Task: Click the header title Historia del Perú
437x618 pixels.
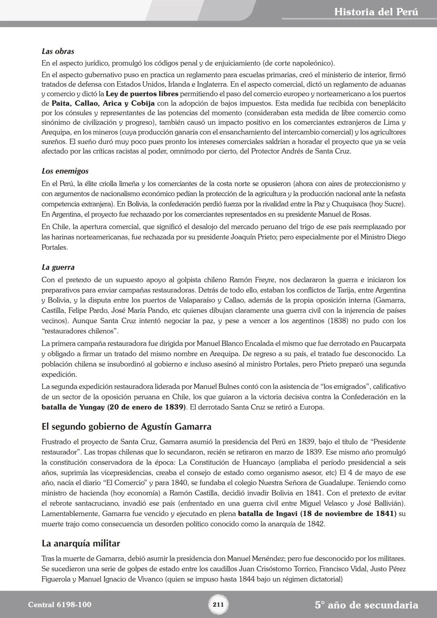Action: pyautogui.click(x=376, y=12)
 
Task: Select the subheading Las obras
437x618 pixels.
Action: pyautogui.click(x=58, y=51)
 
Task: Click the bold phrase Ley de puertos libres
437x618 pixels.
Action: pyautogui.click(x=142, y=94)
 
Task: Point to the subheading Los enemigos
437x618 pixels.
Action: pyautogui.click(x=65, y=171)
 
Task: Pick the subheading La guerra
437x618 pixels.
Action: pyautogui.click(x=58, y=267)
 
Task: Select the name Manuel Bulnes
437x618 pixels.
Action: pyautogui.click(x=216, y=387)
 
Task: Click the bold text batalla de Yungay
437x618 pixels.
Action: pyautogui.click(x=73, y=407)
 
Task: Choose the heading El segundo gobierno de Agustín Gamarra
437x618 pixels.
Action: pyautogui.click(x=126, y=427)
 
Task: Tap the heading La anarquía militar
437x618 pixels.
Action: pyautogui.click(x=81, y=543)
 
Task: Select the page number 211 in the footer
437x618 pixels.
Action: pyautogui.click(x=218, y=605)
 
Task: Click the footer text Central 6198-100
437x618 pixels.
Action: pyautogui.click(x=59, y=605)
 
